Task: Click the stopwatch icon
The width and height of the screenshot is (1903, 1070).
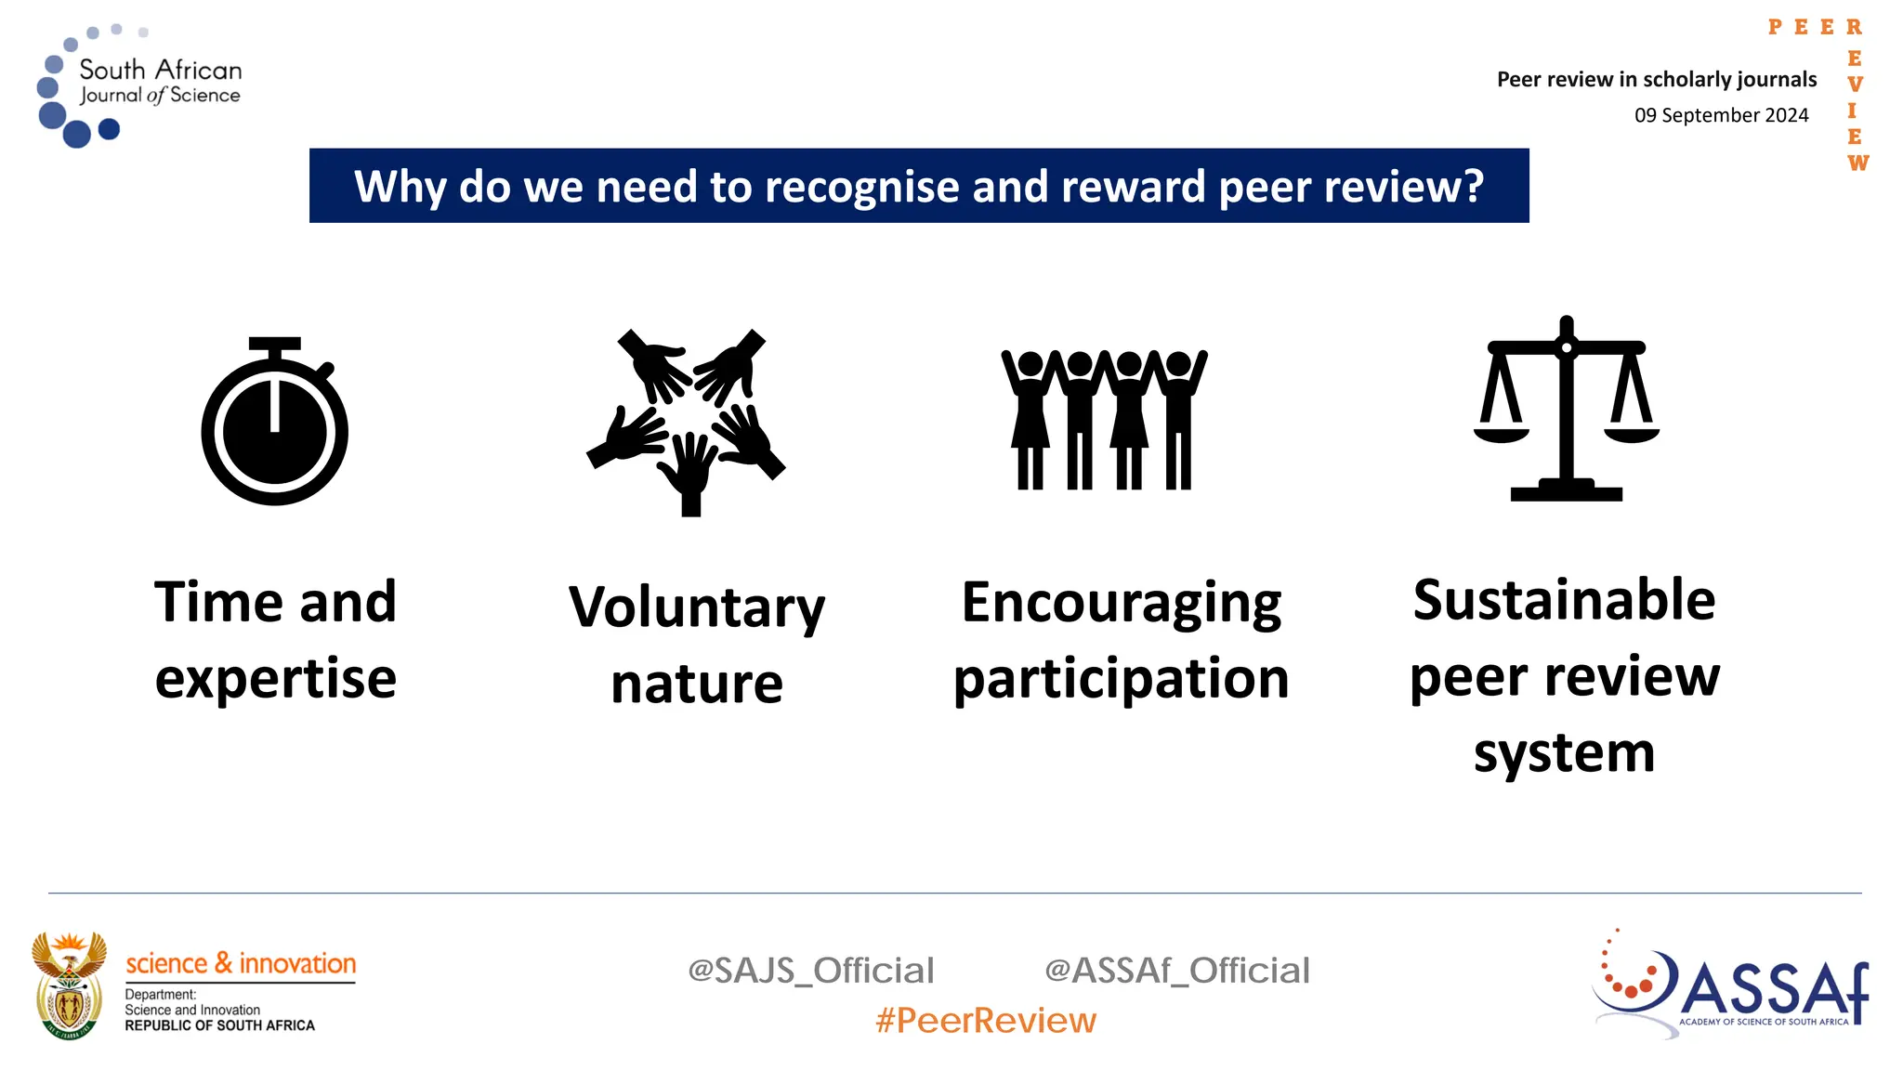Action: [275, 423]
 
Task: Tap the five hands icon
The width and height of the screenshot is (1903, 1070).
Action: [687, 422]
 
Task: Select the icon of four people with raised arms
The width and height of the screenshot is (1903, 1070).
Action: [1104, 420]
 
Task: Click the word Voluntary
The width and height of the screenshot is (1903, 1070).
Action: [697, 607]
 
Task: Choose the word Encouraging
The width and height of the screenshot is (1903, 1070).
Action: [1122, 603]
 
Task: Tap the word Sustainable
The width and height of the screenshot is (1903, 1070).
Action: [1564, 600]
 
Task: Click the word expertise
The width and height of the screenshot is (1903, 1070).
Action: [276, 679]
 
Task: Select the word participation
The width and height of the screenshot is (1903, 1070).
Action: [1122, 679]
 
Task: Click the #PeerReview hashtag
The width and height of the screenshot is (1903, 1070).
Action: [986, 1021]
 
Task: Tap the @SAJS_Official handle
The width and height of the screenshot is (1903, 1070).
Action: [810, 971]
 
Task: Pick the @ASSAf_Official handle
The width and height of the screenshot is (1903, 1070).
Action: [1177, 971]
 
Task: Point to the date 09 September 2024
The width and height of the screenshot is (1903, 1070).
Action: [1721, 115]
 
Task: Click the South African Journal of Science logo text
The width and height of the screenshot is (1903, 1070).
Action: [160, 82]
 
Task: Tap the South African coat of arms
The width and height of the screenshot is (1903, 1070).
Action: [70, 986]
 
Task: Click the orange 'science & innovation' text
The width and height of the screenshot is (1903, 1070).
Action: [241, 963]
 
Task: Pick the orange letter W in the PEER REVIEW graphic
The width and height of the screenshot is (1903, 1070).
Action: [1857, 163]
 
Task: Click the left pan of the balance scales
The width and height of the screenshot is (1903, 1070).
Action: [1502, 432]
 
